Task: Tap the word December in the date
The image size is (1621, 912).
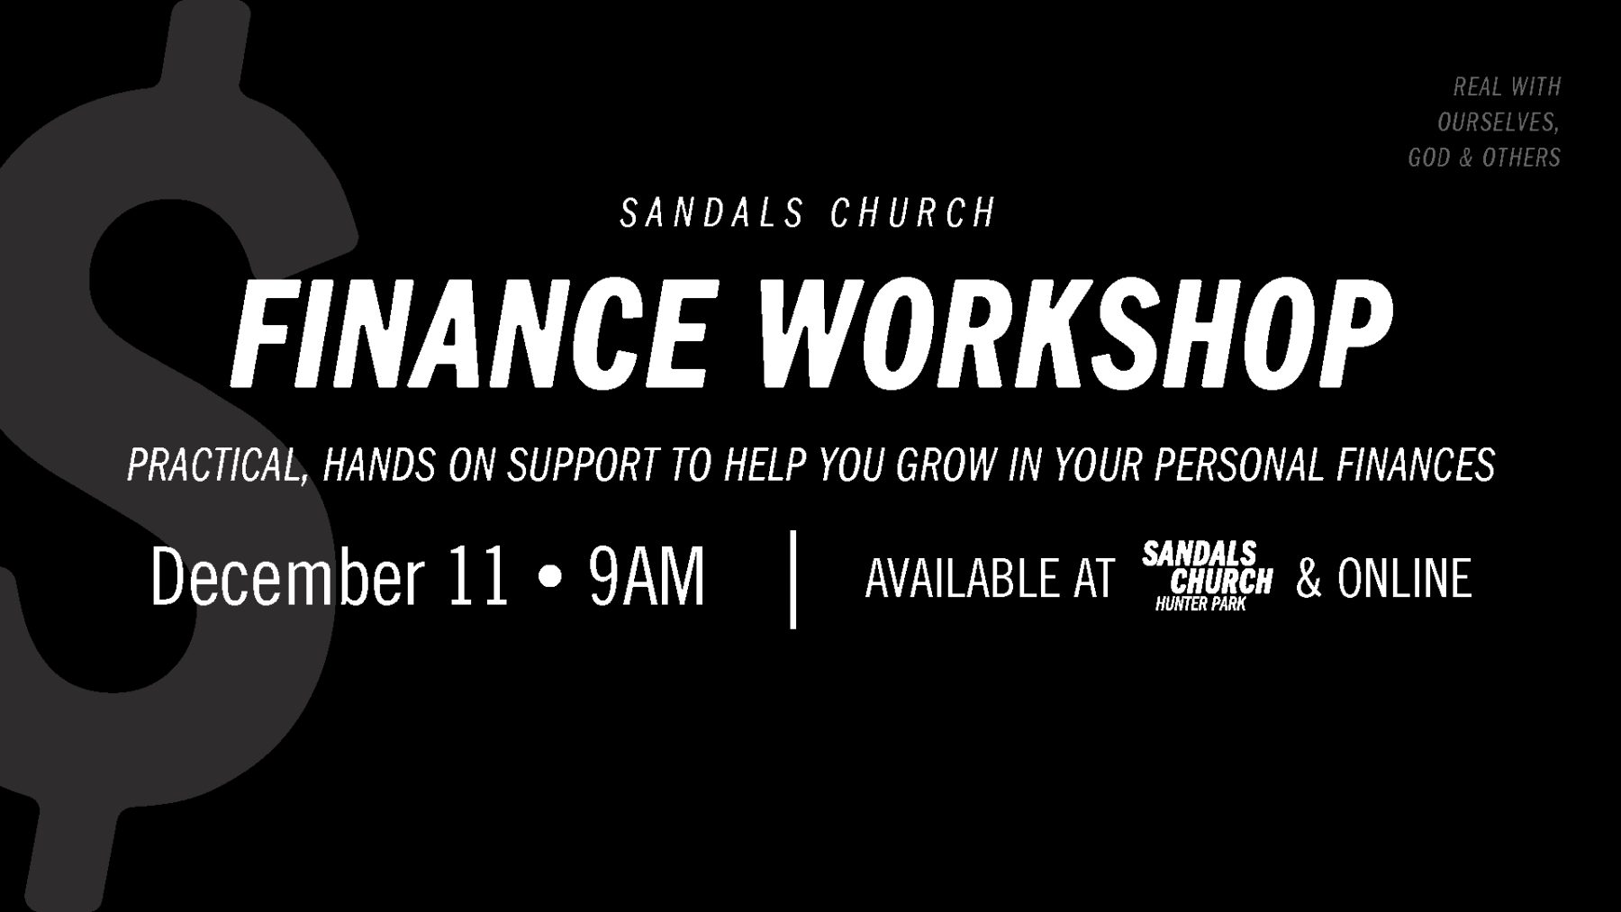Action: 287,577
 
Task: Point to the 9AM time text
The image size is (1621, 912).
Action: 647,577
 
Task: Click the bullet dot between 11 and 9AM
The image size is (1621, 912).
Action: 548,578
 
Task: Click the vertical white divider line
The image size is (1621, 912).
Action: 792,579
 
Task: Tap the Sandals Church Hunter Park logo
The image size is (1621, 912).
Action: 1207,576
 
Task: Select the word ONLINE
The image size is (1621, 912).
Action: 1404,578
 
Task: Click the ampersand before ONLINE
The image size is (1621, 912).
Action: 1309,578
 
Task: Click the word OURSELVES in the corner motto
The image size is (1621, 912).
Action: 1498,122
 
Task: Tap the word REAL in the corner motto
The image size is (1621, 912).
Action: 1477,86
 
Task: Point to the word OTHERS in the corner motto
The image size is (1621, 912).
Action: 1521,158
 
